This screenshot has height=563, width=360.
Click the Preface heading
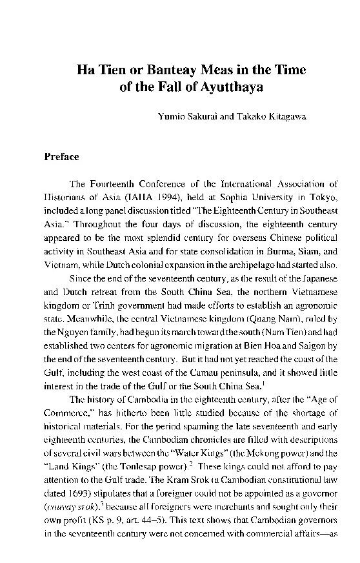[x=61, y=156]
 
